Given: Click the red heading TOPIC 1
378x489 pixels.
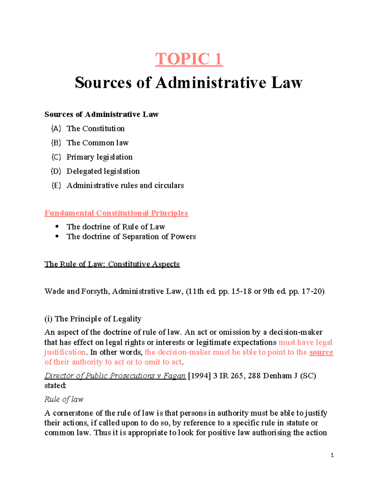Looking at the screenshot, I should (x=189, y=59).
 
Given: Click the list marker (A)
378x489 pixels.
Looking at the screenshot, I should (x=56, y=128).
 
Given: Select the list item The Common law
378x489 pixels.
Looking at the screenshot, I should (x=97, y=143).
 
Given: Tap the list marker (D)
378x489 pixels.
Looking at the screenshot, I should (x=56, y=171).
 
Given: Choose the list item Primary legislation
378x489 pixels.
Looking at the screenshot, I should (x=99, y=157).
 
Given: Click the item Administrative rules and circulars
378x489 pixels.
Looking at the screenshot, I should (x=125, y=185).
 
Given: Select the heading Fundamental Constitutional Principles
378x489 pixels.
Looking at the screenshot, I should (x=116, y=213).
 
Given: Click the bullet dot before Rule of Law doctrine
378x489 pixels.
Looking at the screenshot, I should (x=57, y=226).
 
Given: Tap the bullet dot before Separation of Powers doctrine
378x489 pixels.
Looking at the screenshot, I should (x=57, y=236).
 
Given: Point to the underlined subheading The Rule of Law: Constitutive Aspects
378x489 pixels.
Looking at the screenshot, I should (x=112, y=264).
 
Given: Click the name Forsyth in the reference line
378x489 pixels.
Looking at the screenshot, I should (x=95, y=291).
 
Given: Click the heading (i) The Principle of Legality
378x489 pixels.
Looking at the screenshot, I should (x=93, y=319).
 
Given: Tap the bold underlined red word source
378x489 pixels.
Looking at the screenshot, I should (x=321, y=352).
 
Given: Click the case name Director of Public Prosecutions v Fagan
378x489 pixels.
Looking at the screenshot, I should (x=115, y=376).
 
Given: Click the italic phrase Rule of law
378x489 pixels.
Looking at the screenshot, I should (x=64, y=399).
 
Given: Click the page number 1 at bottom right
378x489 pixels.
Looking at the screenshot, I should (x=332, y=455).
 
